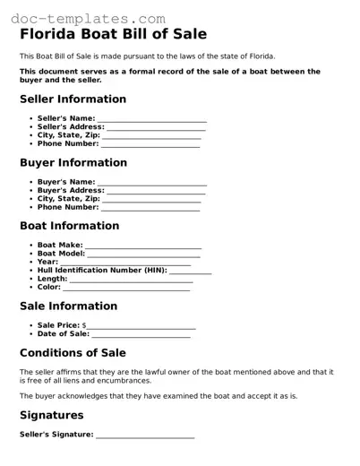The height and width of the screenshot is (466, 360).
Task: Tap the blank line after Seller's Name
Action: tap(152, 120)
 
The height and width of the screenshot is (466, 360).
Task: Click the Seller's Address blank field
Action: tap(157, 128)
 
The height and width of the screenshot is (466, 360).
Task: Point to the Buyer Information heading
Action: tap(73, 163)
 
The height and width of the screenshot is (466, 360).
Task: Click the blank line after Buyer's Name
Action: tap(152, 184)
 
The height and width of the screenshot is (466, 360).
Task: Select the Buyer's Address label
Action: tap(71, 190)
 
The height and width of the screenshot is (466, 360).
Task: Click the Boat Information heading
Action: tap(69, 226)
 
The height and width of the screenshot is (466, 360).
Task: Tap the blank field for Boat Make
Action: tap(143, 246)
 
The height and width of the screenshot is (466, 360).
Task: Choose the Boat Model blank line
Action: tap(144, 255)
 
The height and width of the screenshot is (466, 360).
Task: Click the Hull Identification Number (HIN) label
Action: tap(102, 270)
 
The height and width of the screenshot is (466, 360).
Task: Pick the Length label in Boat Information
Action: tap(52, 279)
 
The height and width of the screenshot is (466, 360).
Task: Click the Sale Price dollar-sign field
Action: tap(141, 327)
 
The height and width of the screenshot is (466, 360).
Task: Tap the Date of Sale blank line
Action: tap(141, 336)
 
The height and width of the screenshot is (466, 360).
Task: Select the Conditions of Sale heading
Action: tap(73, 353)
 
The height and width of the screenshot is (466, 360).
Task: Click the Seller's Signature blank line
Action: tap(145, 436)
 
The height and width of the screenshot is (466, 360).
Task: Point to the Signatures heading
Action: tap(52, 416)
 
